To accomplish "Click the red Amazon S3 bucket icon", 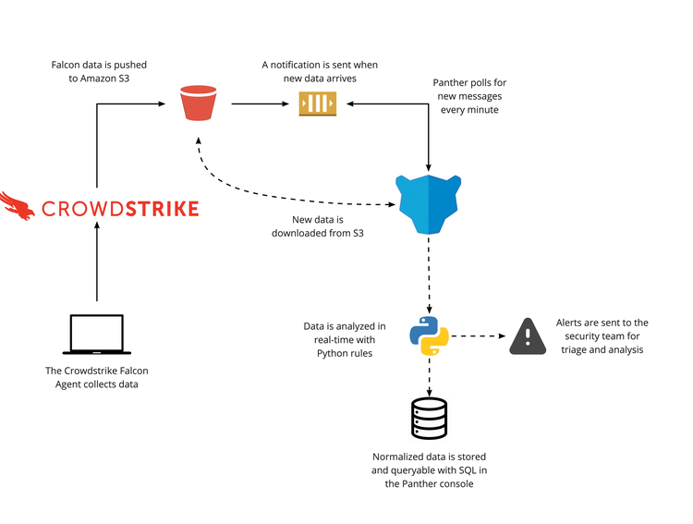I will [x=198, y=103].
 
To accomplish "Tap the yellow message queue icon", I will [x=317, y=104].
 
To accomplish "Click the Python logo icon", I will [x=429, y=335].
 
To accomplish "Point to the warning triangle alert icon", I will [x=528, y=335].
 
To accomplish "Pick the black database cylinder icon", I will [x=429, y=418].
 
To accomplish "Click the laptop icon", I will [x=97, y=335].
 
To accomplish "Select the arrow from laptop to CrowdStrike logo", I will [x=97, y=268].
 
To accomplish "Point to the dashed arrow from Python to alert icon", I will [x=478, y=335].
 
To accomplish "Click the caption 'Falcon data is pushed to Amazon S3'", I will [x=99, y=73].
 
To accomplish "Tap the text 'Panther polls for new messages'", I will [x=469, y=91].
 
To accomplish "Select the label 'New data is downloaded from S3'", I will [x=317, y=226].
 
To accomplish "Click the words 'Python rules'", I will [x=345, y=353].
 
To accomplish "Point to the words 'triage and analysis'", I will [x=602, y=350].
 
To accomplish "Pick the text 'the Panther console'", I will [x=429, y=484].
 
